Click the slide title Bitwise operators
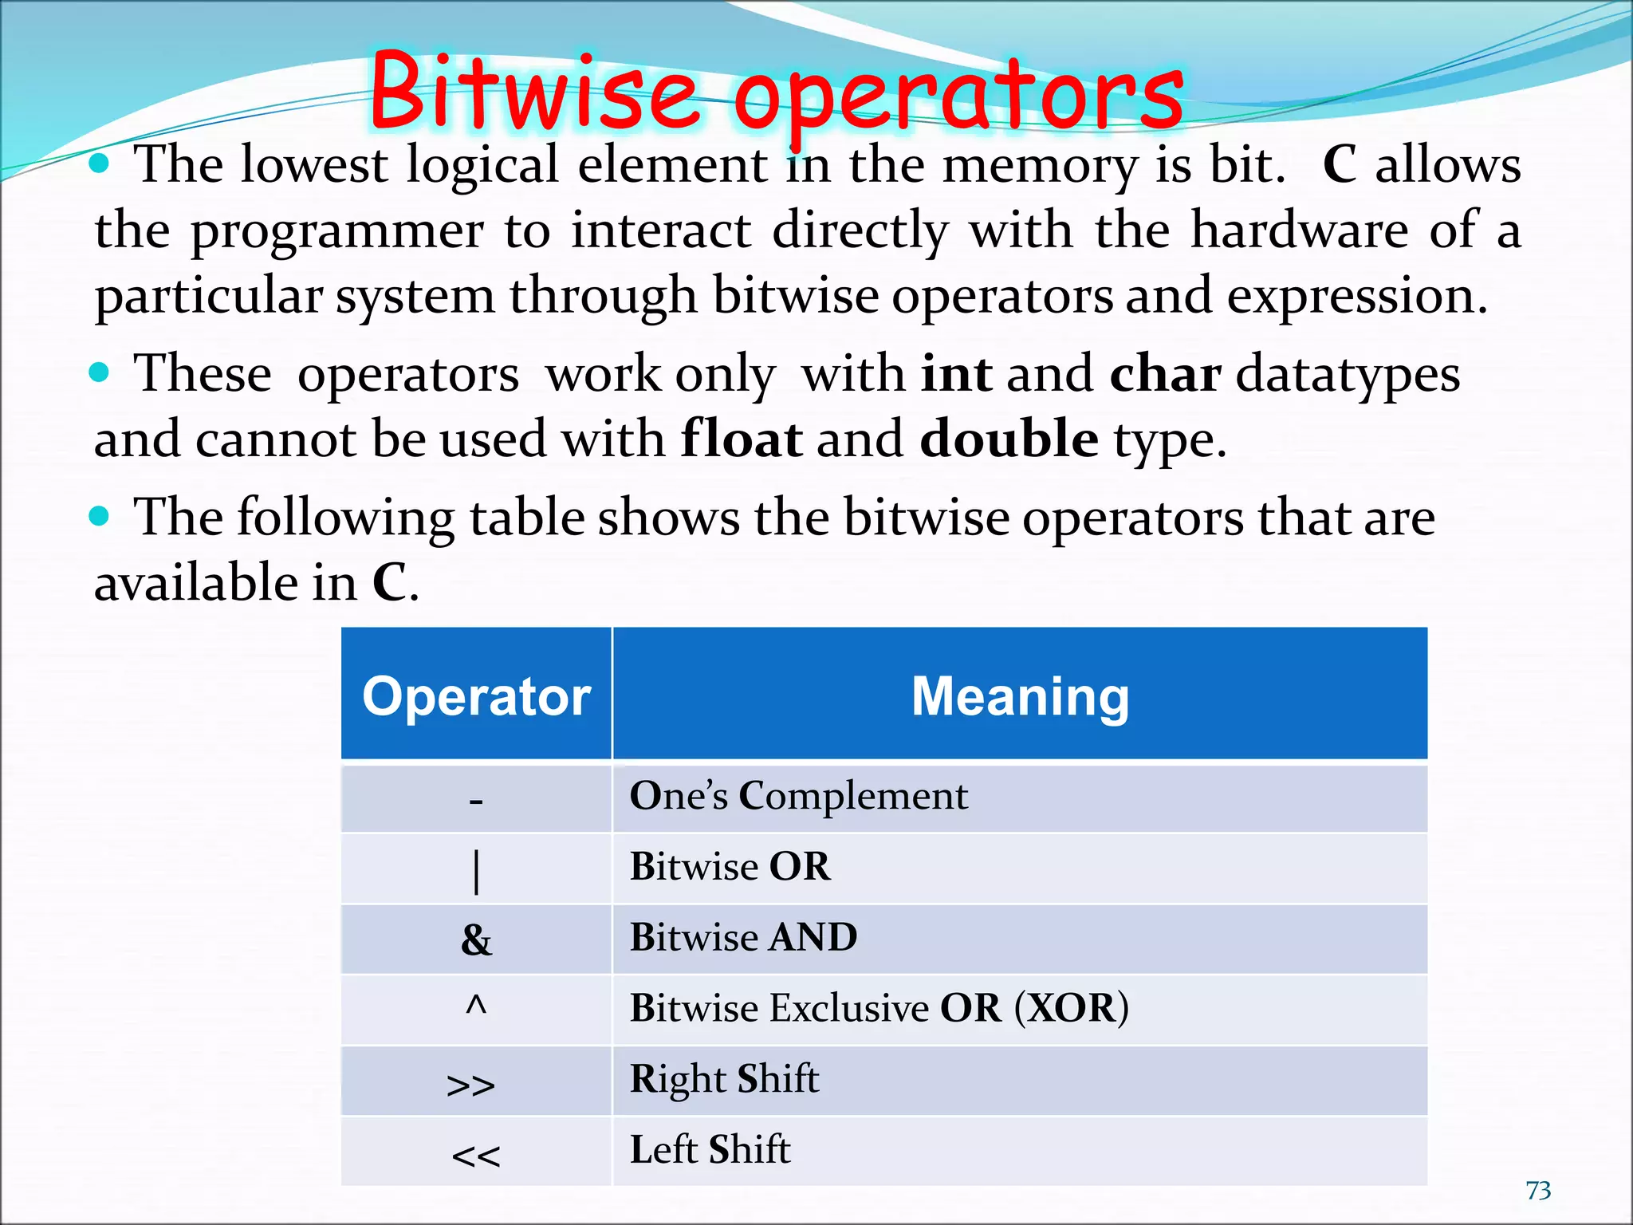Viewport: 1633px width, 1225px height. point(777,92)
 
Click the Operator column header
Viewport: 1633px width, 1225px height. point(476,695)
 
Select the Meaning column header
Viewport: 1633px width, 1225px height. point(1020,695)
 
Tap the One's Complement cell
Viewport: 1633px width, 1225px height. point(798,796)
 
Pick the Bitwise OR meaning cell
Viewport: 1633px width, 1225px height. point(730,866)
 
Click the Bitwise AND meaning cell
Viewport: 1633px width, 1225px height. point(743,937)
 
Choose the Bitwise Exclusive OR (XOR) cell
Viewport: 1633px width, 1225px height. point(879,1008)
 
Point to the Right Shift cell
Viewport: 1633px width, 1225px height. point(724,1078)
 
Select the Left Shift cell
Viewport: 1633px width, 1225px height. point(710,1149)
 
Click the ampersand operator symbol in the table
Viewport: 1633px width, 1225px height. point(476,939)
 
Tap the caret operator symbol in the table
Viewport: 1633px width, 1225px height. point(476,1006)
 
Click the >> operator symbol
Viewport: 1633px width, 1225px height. point(471,1085)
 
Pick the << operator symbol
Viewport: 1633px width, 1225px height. point(476,1156)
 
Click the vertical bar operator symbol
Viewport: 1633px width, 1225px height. point(476,872)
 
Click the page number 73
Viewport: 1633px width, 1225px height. point(1538,1190)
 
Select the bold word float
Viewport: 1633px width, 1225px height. point(742,439)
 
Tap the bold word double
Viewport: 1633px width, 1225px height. point(1009,439)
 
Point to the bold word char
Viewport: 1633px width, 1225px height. point(1165,373)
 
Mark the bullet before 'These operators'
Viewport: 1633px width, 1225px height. point(99,372)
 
